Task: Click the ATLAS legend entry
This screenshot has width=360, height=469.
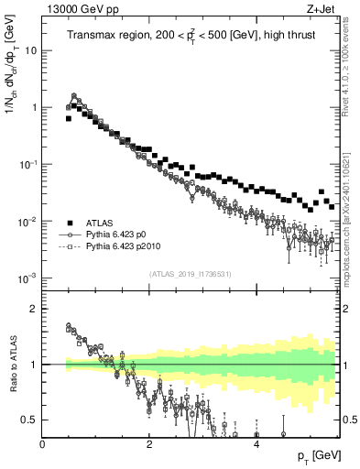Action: [100, 223]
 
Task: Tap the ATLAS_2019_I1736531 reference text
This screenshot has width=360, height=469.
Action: [191, 273]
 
